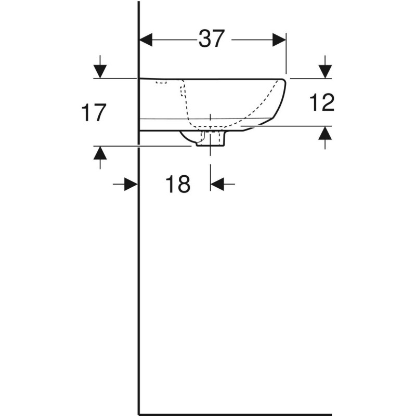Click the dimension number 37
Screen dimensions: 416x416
(x=211, y=39)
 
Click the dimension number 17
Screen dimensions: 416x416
(x=94, y=113)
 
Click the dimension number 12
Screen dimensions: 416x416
(x=322, y=103)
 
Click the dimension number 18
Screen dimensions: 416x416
(x=178, y=184)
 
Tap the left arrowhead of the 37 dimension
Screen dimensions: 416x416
(x=146, y=40)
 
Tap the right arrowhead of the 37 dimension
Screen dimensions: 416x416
(x=279, y=40)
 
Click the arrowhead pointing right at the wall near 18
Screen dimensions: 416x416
(x=131, y=184)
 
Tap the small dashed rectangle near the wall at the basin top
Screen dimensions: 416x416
(x=162, y=82)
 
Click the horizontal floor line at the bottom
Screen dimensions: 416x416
(x=234, y=414)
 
